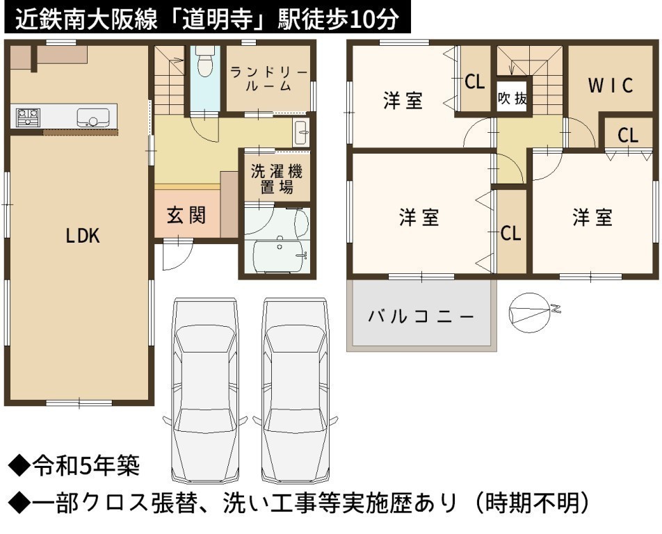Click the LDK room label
83,235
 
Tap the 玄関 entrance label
186,216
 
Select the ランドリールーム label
268,79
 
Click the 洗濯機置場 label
277,179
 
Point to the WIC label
611,86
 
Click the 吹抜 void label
512,98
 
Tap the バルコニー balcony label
421,316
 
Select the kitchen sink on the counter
93,118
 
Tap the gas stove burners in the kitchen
28,117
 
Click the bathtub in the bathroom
280,257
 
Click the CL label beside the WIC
628,135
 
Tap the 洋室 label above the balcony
419,218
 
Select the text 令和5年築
86,467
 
